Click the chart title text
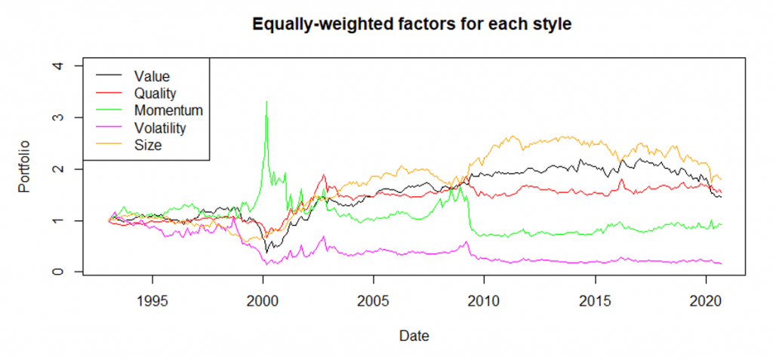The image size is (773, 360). [411, 24]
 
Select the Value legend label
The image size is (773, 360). [152, 76]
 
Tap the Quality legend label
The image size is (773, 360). [156, 93]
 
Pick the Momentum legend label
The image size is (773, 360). [168, 110]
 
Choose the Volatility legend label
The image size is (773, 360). [160, 128]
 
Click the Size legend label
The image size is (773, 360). [148, 146]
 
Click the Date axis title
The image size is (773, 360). [414, 337]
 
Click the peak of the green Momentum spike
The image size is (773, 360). [266, 101]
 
